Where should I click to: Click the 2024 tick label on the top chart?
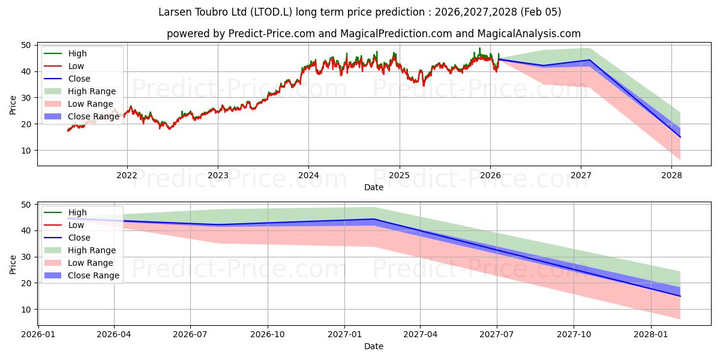[x=308, y=175]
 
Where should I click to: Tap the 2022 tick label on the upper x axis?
[x=127, y=175]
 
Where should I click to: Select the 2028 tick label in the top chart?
[x=671, y=175]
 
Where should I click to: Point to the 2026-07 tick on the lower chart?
[x=190, y=335]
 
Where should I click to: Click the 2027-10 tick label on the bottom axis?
[x=574, y=335]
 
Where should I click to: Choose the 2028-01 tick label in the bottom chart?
[x=651, y=335]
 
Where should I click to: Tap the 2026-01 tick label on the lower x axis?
[x=38, y=335]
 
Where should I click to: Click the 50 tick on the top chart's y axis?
[x=26, y=45]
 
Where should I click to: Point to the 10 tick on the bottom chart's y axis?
[x=26, y=310]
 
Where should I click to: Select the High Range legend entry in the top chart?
[x=92, y=91]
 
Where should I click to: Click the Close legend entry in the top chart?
[x=79, y=79]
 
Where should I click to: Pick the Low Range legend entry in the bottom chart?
[x=91, y=263]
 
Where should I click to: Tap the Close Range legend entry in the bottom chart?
[x=94, y=275]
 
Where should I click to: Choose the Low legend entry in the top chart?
[x=76, y=66]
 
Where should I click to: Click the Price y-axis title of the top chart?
[x=13, y=105]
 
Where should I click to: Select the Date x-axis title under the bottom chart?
[x=373, y=346]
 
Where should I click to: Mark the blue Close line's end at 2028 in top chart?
[x=680, y=137]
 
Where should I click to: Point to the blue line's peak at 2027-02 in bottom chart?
[x=373, y=219]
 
